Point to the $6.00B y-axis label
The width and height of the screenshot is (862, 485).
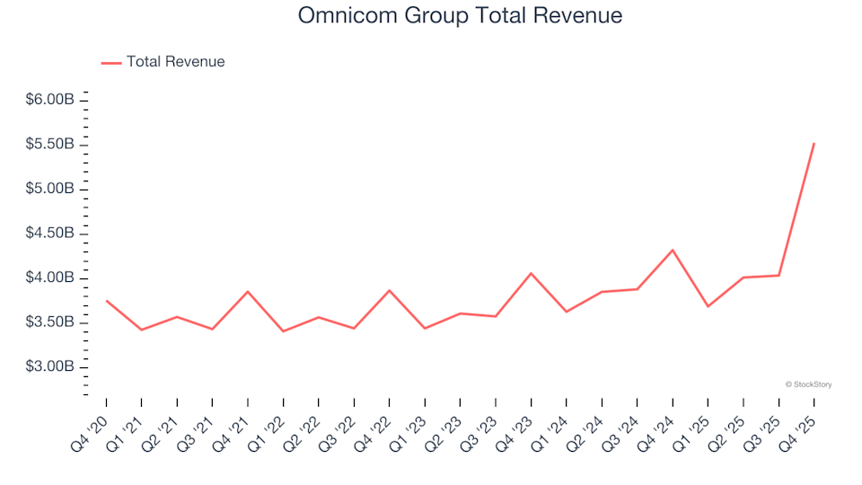click(49, 100)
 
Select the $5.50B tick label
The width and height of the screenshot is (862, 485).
click(49, 145)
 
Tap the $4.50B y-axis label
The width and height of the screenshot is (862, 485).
click(49, 234)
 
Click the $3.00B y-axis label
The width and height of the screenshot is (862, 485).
click(49, 367)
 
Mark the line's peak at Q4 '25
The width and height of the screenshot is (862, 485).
click(814, 144)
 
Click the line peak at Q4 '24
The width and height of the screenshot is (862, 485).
click(673, 250)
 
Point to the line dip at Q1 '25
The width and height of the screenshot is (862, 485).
click(708, 306)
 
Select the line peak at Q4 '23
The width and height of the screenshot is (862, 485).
click(531, 273)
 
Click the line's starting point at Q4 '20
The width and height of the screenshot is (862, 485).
click(107, 301)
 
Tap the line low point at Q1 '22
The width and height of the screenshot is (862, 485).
click(283, 331)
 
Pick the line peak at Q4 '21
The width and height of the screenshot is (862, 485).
click(248, 291)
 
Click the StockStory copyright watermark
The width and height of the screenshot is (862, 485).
click(808, 384)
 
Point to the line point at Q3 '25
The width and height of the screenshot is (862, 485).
click(778, 275)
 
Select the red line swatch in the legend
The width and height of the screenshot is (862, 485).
click(110, 63)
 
